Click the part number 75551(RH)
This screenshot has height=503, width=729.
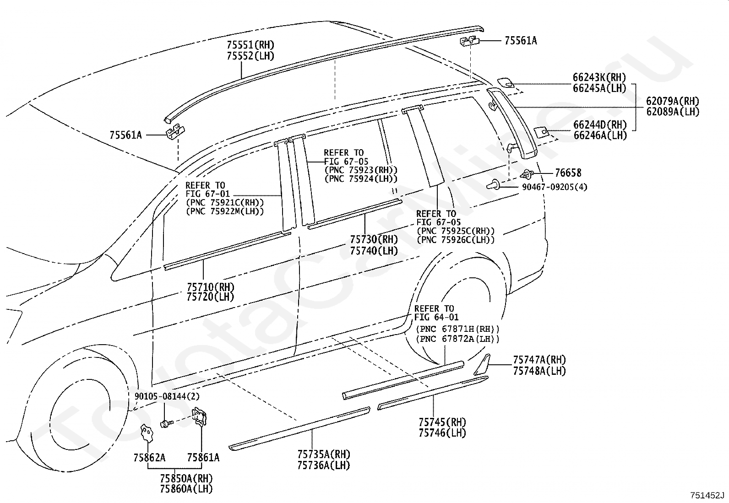pyautogui.click(x=250, y=44)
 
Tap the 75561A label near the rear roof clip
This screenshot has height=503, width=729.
pyautogui.click(x=521, y=41)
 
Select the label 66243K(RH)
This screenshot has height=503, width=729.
pyautogui.click(x=599, y=77)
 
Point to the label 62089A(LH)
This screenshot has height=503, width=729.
pyautogui.click(x=673, y=112)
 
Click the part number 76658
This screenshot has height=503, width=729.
pyautogui.click(x=568, y=173)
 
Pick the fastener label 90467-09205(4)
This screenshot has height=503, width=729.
pyautogui.click(x=555, y=187)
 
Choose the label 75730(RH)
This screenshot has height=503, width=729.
pyautogui.click(x=374, y=240)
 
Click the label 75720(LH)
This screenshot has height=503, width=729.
pyautogui.click(x=211, y=297)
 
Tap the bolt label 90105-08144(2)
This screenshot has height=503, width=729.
pyautogui.click(x=167, y=396)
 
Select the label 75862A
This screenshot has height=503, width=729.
pyautogui.click(x=149, y=458)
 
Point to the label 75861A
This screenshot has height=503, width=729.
pyautogui.click(x=203, y=458)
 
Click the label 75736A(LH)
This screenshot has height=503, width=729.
pyautogui.click(x=323, y=465)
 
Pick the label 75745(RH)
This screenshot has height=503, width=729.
pyautogui.click(x=442, y=422)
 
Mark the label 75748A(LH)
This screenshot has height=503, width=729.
pyautogui.click(x=539, y=371)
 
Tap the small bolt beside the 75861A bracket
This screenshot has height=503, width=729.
pyautogui.click(x=167, y=423)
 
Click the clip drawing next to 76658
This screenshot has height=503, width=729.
pyautogui.click(x=527, y=175)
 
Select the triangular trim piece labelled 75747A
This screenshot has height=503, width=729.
pyautogui.click(x=482, y=365)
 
